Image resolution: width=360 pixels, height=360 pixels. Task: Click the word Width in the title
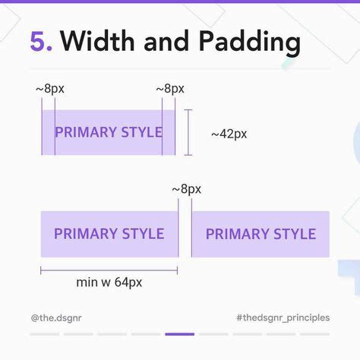(x=97, y=40)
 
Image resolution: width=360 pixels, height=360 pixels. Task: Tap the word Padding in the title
(x=250, y=43)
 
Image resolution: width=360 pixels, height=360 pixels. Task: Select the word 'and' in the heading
(x=166, y=41)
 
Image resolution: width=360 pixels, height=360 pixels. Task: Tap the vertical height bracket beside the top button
(x=188, y=132)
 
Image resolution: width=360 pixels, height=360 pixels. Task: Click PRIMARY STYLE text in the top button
(x=109, y=132)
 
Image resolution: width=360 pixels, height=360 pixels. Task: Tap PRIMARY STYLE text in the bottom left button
(x=109, y=233)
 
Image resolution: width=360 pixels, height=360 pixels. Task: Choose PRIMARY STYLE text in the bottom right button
(x=261, y=234)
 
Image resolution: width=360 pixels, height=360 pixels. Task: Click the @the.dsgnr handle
(x=56, y=317)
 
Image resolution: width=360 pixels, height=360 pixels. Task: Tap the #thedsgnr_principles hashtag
(x=283, y=317)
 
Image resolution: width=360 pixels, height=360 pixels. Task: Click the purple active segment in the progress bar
(x=180, y=334)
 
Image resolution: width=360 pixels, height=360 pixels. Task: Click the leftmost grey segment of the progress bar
(x=45, y=334)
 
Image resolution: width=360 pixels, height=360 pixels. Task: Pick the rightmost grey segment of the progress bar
(x=315, y=334)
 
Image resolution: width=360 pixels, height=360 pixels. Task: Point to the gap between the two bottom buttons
(x=185, y=234)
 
